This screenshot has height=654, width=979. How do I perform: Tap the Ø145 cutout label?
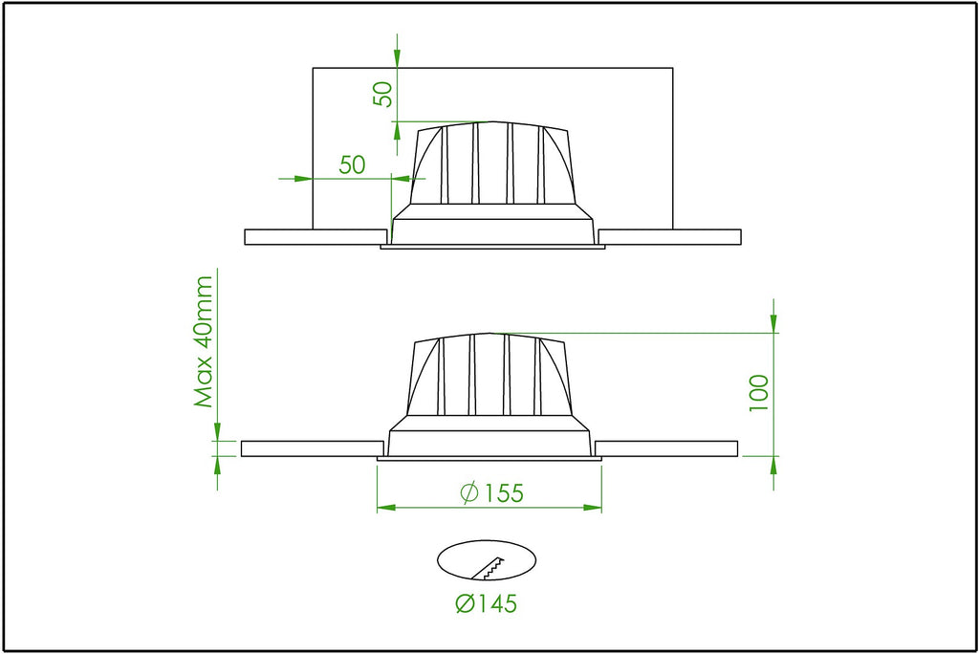(487, 604)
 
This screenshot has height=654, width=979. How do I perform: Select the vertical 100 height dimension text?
(758, 393)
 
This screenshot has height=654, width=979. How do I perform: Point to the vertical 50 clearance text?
(383, 95)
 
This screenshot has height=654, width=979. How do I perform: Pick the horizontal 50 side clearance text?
(352, 164)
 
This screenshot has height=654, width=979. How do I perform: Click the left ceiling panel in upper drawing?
(315, 237)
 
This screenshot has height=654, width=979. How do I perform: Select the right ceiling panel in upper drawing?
(669, 237)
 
